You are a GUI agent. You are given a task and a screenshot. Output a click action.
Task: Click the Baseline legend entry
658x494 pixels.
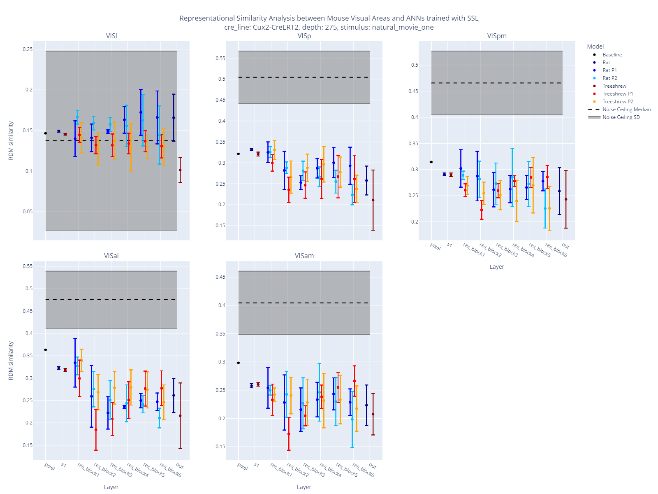pos(612,55)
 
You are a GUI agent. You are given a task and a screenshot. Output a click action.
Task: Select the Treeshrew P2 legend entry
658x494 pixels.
pos(618,102)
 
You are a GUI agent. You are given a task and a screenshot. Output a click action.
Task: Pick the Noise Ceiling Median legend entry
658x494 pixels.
pos(626,110)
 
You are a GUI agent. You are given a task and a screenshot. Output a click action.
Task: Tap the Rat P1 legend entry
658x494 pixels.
pos(609,70)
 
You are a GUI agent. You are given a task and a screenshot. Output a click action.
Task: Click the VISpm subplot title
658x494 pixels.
pos(497,36)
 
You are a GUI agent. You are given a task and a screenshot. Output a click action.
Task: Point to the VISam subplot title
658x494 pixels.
pos(304,256)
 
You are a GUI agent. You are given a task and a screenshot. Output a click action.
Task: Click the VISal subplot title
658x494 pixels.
pos(111,256)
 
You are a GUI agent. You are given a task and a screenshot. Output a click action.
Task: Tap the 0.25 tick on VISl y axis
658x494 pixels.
pos(28,49)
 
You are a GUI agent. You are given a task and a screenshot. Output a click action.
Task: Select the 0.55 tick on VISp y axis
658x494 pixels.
pos(220,58)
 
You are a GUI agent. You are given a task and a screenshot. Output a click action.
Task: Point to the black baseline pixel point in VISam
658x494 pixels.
pos(239,363)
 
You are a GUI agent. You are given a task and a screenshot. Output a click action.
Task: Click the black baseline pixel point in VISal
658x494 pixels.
pos(46,350)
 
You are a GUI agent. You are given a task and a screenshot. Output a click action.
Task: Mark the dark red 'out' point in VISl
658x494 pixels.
pos(180,170)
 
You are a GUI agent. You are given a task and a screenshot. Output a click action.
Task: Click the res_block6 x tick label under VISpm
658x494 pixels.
pos(556,250)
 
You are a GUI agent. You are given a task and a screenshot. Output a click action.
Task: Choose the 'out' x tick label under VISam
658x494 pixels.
pos(373,466)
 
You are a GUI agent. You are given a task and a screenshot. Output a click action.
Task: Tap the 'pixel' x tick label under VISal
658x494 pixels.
pos(50,467)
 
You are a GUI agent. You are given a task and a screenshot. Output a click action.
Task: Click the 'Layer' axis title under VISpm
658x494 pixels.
pos(497,267)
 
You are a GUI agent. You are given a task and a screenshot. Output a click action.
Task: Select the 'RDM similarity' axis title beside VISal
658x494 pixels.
pos(11,361)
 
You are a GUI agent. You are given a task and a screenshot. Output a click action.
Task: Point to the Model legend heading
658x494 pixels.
pos(595,47)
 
